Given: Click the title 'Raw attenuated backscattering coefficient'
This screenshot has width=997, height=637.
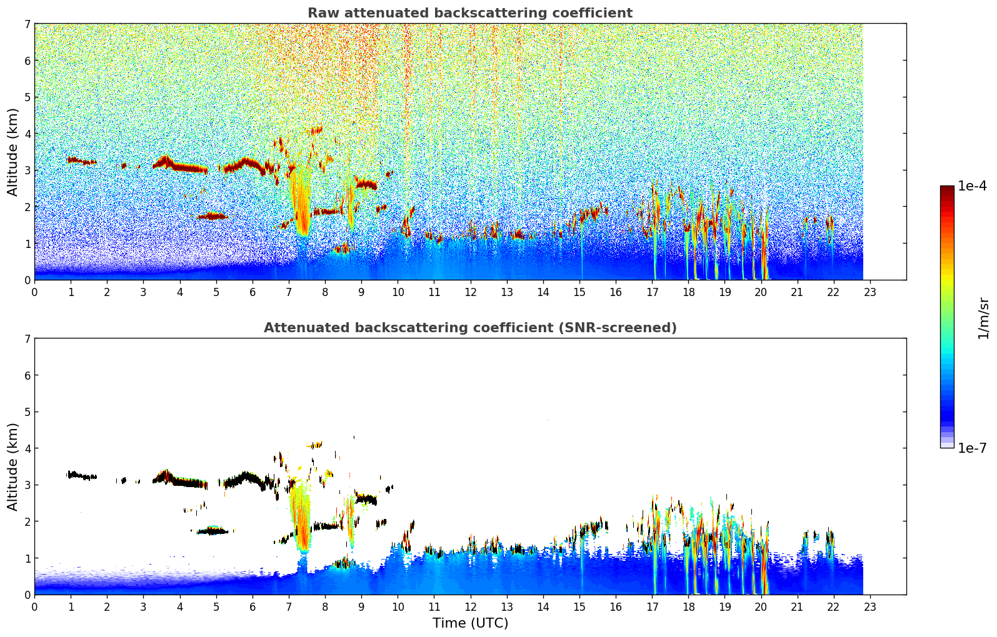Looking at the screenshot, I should coord(469,13).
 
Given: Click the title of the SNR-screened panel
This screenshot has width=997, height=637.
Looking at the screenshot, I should coord(469,328).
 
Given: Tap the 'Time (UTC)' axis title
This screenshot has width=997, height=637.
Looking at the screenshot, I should coord(470,623).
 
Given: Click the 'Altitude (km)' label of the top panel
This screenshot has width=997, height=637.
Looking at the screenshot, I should coord(13,152).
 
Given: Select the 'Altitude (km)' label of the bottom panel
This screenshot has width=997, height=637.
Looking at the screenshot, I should coord(13,467).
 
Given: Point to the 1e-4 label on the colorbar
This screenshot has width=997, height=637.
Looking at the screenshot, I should coord(972,186).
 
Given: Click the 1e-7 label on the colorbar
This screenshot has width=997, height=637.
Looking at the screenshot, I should coord(972,448).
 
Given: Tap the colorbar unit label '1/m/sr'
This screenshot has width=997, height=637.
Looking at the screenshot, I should coord(983,318).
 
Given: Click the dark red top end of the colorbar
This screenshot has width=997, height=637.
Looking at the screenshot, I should coord(946,189).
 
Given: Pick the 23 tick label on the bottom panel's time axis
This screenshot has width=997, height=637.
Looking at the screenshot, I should coord(869,606).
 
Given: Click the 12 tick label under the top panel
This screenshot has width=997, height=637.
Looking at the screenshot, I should coord(470,292).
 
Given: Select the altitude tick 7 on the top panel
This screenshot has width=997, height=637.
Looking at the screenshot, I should coord(27,24).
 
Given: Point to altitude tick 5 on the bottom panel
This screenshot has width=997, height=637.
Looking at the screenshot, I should coord(27,412).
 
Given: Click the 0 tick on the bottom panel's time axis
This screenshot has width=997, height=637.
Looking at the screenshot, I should coord(34,606).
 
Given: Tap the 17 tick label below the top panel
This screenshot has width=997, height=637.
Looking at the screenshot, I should coord(652,292).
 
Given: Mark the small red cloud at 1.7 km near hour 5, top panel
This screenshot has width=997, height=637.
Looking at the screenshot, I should coord(211,216).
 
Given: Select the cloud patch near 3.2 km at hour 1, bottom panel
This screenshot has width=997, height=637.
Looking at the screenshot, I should coord(78,475).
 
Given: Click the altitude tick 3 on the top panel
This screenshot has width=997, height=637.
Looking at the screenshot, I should coord(27,170).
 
